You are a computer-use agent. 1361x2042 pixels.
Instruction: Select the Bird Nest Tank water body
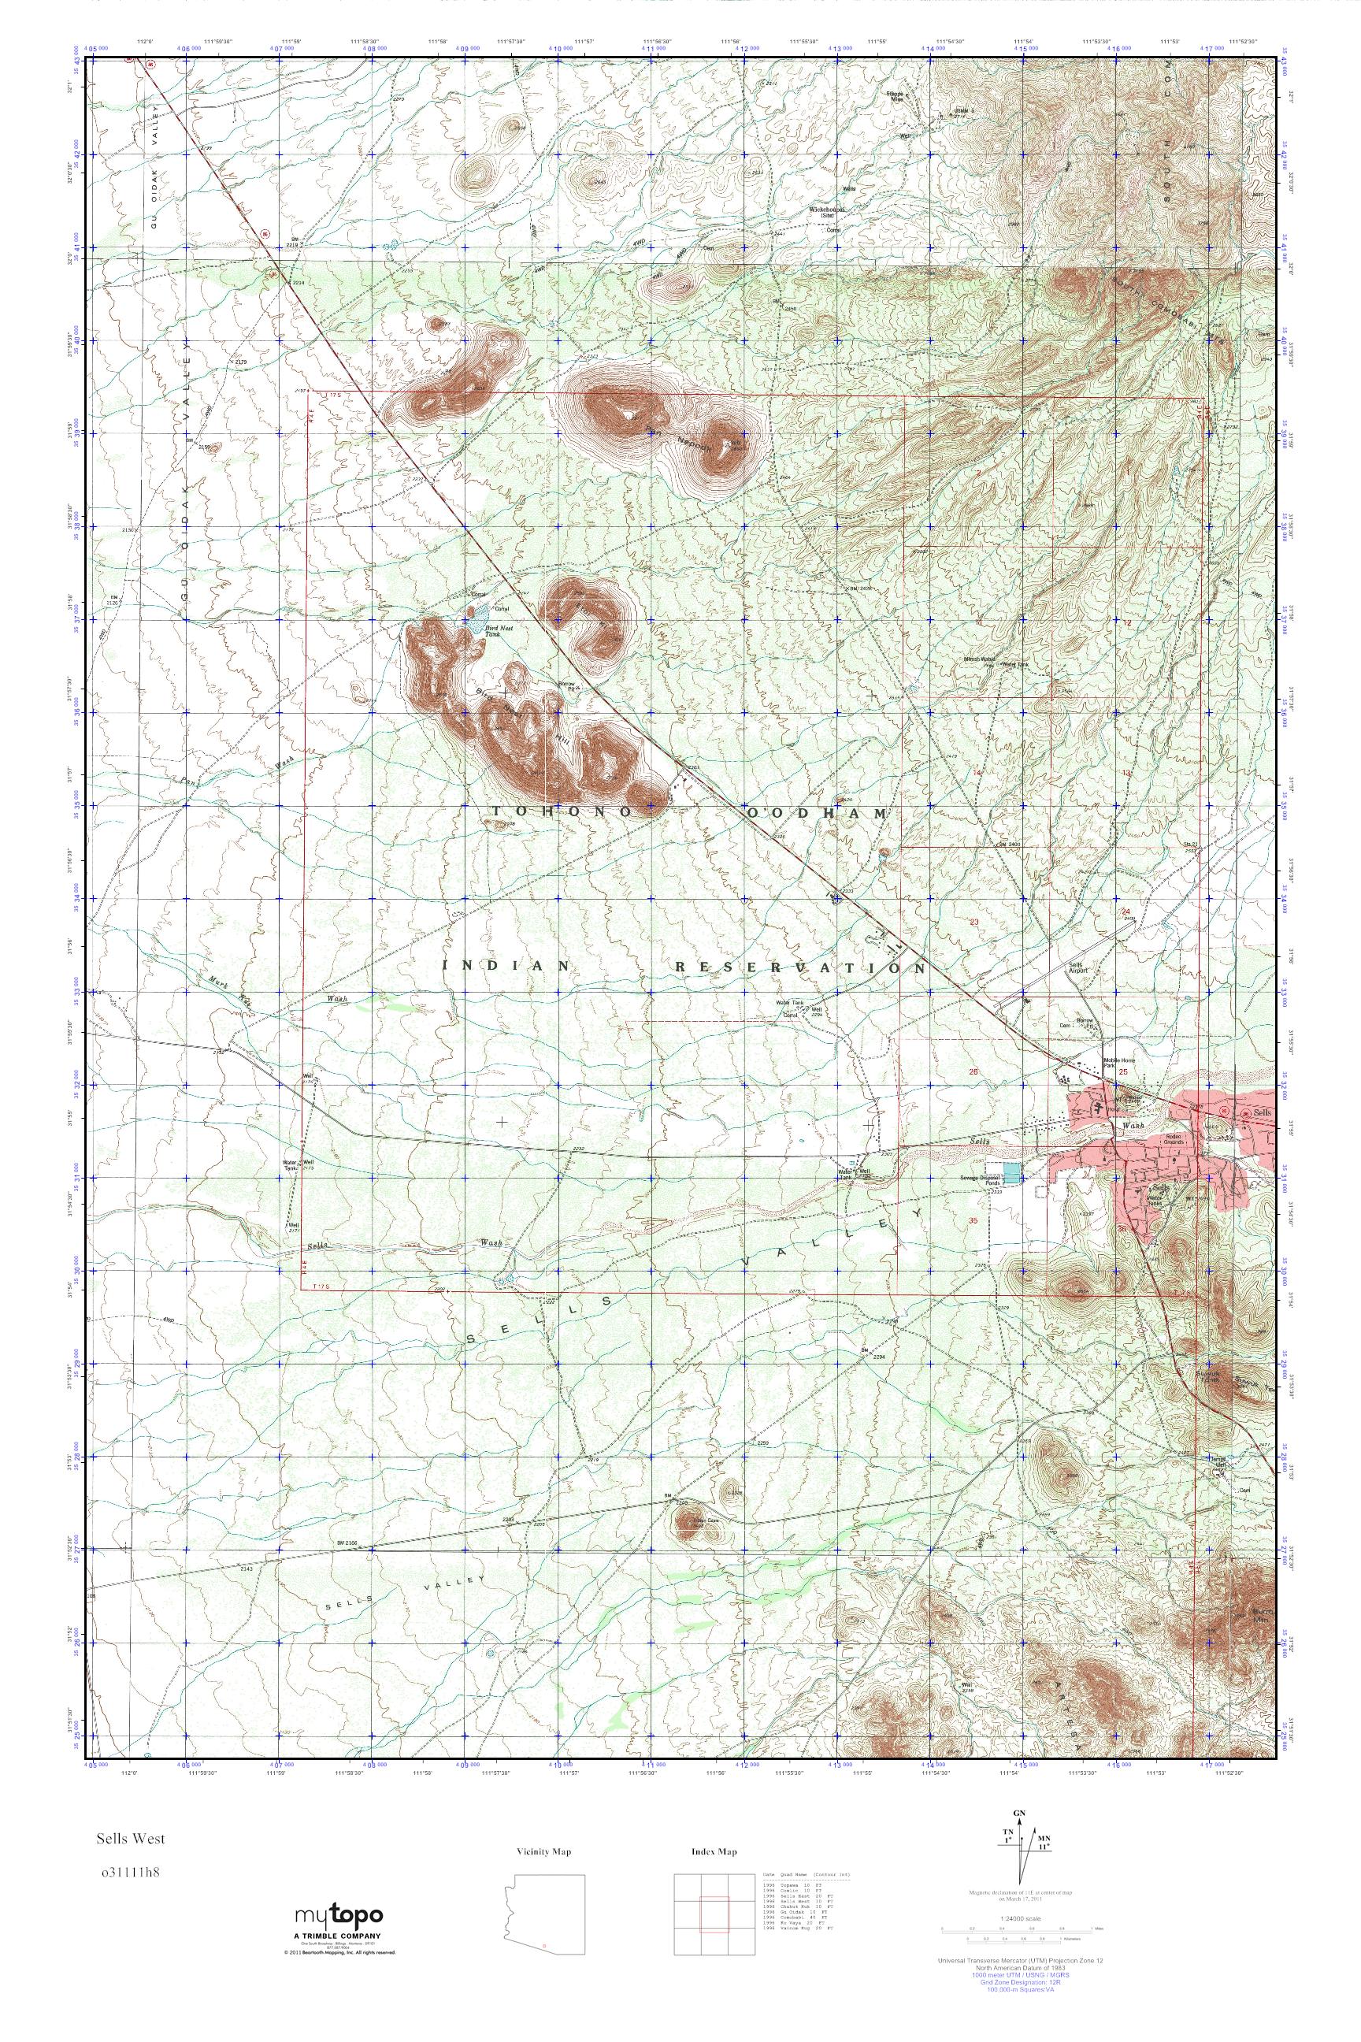(x=477, y=619)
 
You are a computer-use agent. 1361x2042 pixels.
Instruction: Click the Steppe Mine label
(x=894, y=96)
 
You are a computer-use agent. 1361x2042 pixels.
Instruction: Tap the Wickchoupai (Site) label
(x=825, y=213)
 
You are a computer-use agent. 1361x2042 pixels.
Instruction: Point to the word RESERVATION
(x=799, y=967)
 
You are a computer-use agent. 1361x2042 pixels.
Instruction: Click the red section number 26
(x=973, y=1072)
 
